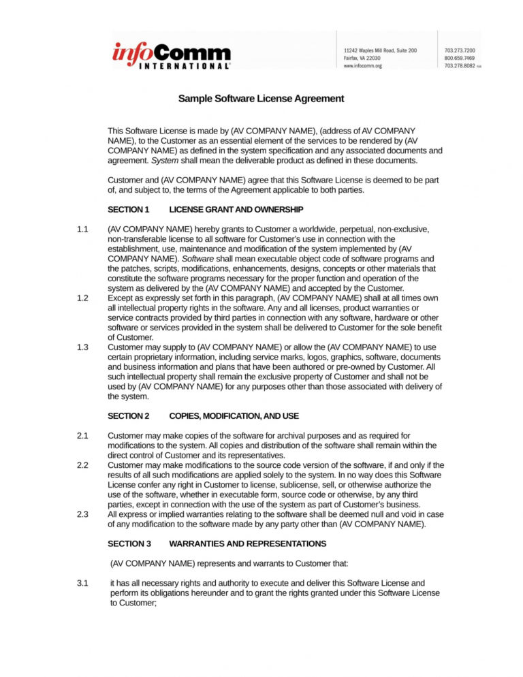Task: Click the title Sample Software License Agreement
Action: (x=261, y=99)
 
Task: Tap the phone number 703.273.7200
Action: (x=460, y=50)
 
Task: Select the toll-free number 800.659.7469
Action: (x=460, y=59)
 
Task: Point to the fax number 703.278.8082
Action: (x=460, y=66)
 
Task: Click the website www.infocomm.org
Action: (x=363, y=66)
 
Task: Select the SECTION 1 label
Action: (x=128, y=209)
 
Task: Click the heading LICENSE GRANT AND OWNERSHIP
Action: (x=236, y=209)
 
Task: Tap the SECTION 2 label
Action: (x=128, y=415)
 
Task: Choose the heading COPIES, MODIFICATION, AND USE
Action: (x=234, y=415)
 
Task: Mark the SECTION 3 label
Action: (x=129, y=544)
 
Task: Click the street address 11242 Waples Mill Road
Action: (x=380, y=50)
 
